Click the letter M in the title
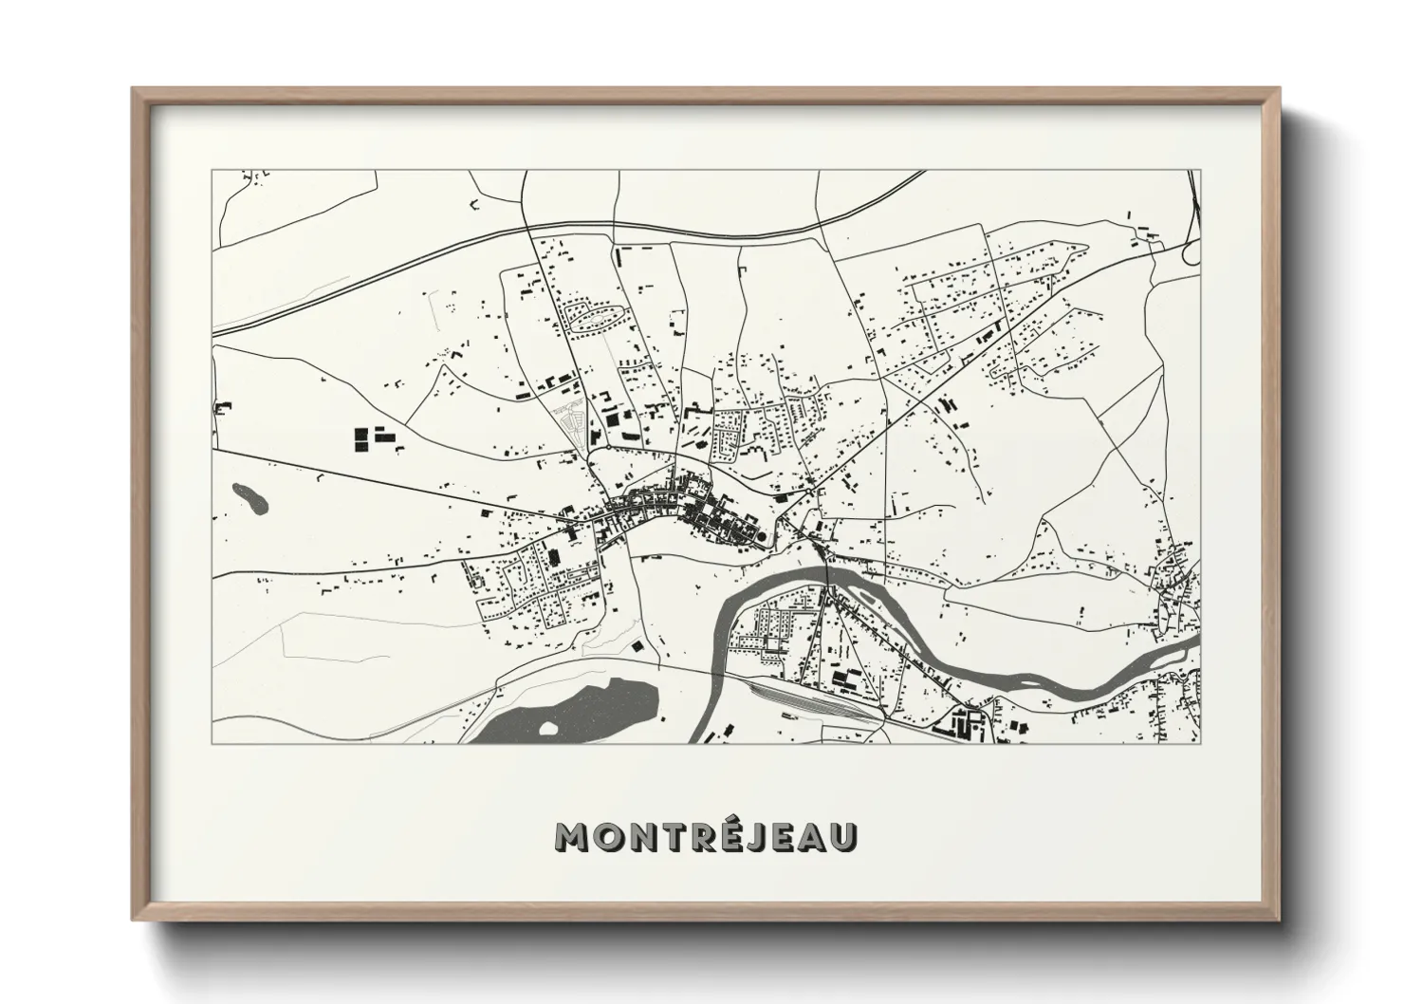(x=578, y=836)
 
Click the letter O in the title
(x=609, y=836)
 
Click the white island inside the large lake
(x=547, y=729)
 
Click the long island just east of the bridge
(x=868, y=595)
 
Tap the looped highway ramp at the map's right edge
(x=1190, y=251)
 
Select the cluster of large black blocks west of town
(x=372, y=438)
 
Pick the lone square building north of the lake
(x=637, y=645)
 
